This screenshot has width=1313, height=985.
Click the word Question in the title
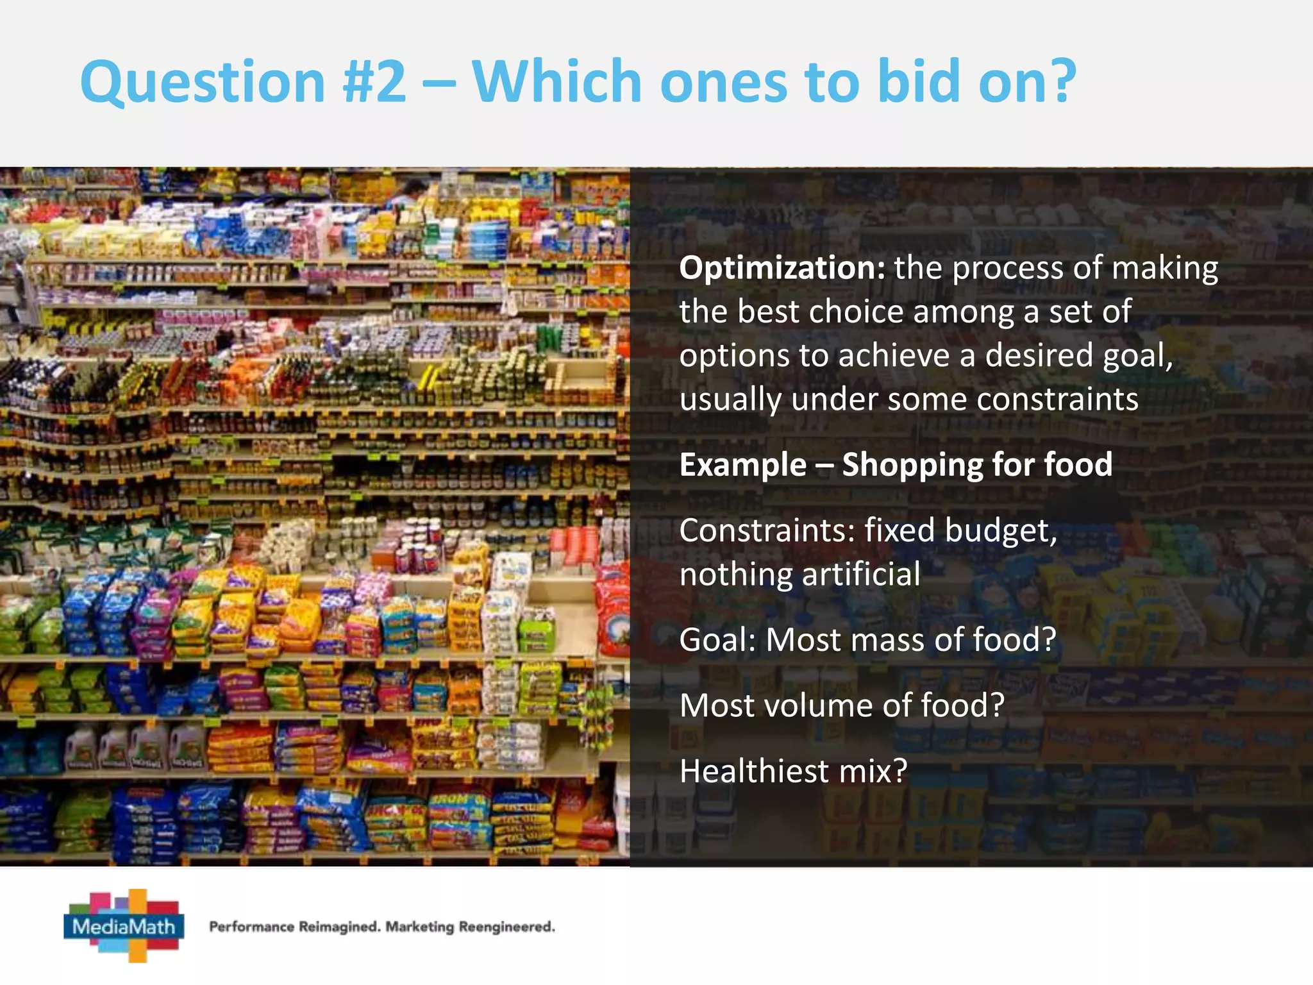pos(203,82)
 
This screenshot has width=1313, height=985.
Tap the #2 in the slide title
pos(374,82)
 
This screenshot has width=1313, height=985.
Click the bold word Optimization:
pos(782,268)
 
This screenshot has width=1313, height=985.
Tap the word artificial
pos(861,574)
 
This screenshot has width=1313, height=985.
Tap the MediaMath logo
pos(124,925)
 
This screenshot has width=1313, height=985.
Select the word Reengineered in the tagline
pos(506,927)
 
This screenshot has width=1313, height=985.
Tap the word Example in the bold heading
pos(742,465)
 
